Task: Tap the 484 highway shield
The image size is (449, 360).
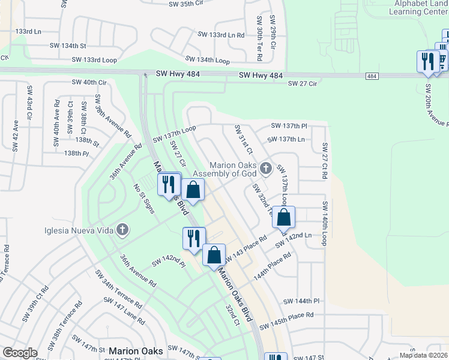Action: [x=372, y=76]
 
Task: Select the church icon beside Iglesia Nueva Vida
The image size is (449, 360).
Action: [x=122, y=229]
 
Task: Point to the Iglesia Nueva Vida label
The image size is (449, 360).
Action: [x=79, y=230]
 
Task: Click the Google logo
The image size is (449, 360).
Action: [x=20, y=353]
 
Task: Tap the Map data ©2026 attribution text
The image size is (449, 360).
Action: [x=423, y=355]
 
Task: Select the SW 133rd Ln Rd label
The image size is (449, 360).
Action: [x=221, y=35]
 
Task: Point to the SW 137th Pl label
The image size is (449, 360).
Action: [x=289, y=126]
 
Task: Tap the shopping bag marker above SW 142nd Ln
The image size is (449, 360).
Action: [x=284, y=217]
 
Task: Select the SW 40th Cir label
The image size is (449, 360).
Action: [x=89, y=82]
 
